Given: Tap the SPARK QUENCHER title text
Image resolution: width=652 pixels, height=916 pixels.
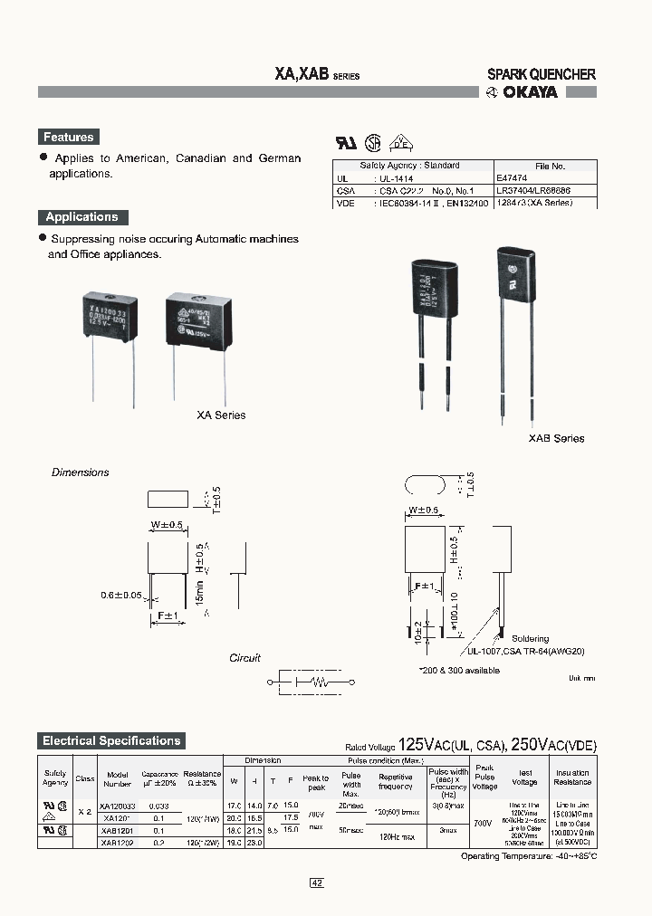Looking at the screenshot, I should coord(542,74).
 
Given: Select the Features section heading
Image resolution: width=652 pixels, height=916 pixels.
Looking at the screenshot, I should coord(68,138).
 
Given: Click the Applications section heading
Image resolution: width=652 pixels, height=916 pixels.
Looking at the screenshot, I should coord(82,217).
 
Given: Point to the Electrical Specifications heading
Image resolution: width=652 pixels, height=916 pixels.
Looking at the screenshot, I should coord(111,740).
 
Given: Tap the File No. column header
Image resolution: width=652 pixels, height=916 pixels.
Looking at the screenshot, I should coord(550,167).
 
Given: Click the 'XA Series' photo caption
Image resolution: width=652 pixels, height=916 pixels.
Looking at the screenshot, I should coord(221,415).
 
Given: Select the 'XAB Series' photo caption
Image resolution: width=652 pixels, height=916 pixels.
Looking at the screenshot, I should coord(556,438).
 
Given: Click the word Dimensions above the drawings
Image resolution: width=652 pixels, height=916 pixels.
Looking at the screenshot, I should coord(80,472).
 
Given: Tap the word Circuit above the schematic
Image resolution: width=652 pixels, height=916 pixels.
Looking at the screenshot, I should coord(244,658).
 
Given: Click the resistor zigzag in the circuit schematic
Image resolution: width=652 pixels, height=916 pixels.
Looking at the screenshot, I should coord(319,681).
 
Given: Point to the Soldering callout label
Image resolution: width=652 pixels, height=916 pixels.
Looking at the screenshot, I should coord(530,638).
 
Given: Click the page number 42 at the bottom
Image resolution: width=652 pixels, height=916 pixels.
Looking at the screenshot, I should coord(317,883).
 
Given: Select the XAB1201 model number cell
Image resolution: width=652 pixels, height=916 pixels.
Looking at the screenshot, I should coord(118,830).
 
